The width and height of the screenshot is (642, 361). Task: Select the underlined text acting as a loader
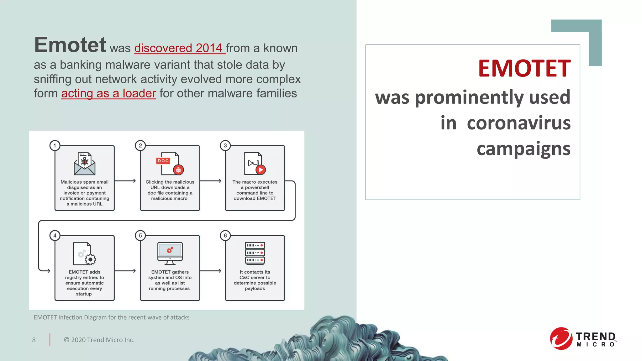point(108,93)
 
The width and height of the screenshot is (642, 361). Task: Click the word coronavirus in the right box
point(518,123)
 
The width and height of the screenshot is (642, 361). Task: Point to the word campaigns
point(523,149)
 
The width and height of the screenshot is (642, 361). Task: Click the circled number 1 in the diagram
point(55,145)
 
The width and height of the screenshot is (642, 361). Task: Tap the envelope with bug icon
point(84,164)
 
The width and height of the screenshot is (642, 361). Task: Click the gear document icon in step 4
point(84,254)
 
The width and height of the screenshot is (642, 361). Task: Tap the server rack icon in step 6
point(255,253)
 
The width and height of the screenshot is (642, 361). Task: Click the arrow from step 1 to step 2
point(125,181)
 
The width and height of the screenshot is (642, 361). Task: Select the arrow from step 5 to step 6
point(211,271)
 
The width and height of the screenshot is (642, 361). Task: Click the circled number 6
point(225,236)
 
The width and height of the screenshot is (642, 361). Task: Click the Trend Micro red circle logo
point(560,339)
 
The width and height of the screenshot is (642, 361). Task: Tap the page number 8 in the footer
point(34,340)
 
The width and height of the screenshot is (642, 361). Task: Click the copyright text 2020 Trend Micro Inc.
point(99,340)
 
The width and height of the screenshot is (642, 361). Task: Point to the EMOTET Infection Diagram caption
point(112,317)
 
